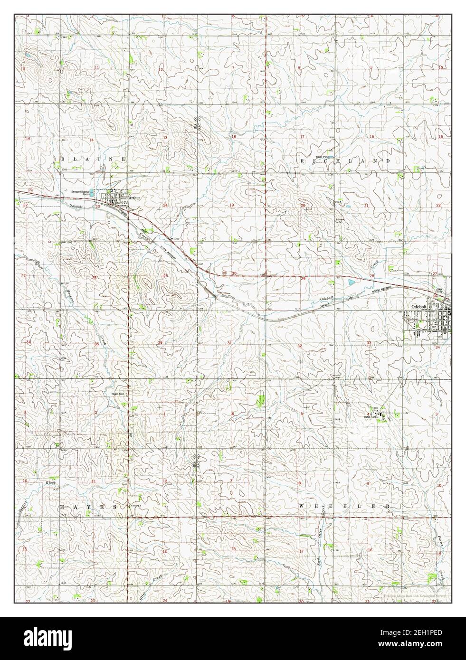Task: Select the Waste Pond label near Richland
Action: (323, 157)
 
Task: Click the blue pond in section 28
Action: (351, 282)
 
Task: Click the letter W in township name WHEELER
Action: (301, 507)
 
